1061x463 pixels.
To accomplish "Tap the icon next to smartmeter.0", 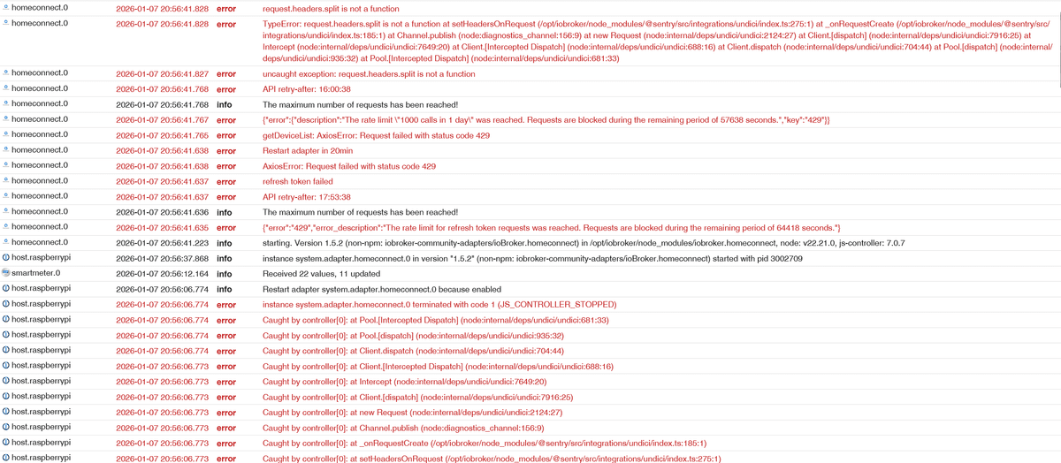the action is [x=5, y=273].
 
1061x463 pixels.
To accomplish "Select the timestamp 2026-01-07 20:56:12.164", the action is [x=163, y=273].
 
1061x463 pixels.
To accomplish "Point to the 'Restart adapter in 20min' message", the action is [x=308, y=151].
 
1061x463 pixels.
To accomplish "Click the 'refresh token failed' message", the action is [x=299, y=181].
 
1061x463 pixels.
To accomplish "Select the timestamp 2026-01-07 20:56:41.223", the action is [x=163, y=242].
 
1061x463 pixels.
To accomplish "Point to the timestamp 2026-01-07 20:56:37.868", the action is [x=163, y=258].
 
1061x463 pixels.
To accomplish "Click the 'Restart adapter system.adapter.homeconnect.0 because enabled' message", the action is [x=382, y=289].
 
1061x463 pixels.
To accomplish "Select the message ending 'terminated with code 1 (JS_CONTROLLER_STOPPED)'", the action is [x=439, y=304].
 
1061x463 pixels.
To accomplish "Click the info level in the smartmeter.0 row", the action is [x=225, y=273].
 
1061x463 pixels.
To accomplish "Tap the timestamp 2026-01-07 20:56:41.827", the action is [x=163, y=74].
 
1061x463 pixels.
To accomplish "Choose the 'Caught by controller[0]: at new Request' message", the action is [x=413, y=413].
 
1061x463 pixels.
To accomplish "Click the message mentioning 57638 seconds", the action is [x=546, y=119].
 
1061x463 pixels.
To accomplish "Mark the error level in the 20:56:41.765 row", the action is [x=226, y=135].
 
